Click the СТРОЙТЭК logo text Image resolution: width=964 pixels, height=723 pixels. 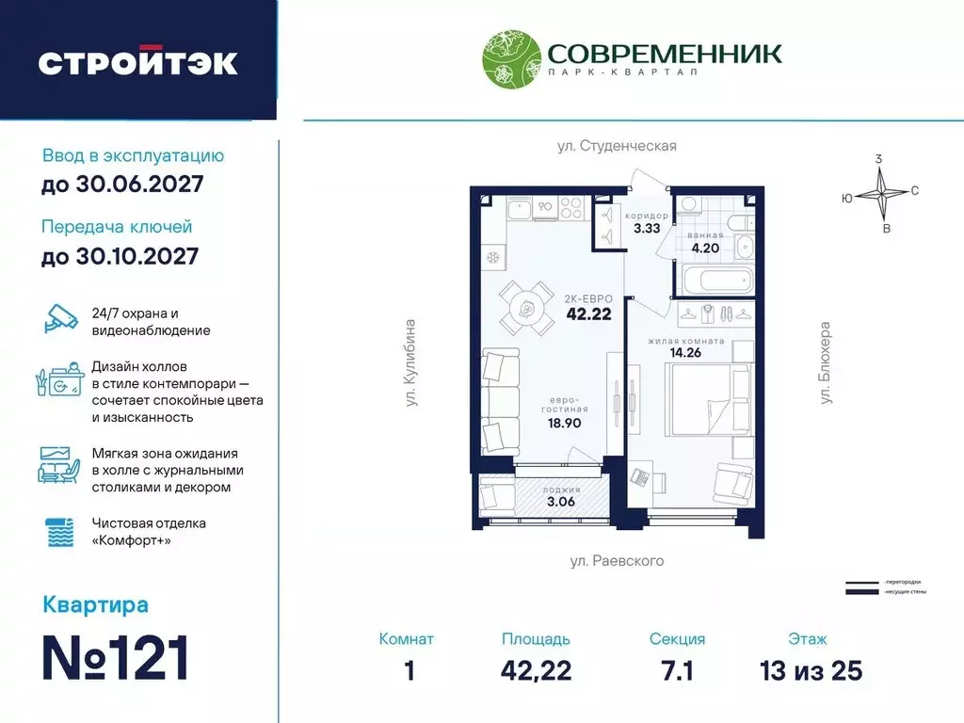137,62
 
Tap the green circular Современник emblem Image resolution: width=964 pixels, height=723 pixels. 509,60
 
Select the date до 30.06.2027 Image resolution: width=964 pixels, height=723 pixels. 122,185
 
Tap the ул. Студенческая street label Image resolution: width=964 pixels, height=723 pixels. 615,146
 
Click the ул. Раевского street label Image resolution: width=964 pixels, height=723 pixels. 617,561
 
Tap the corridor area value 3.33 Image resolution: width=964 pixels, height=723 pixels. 646,228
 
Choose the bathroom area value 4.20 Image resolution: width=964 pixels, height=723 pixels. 706,249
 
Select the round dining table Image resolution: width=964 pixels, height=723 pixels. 526,308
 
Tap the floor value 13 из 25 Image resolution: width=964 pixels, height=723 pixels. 811,670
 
